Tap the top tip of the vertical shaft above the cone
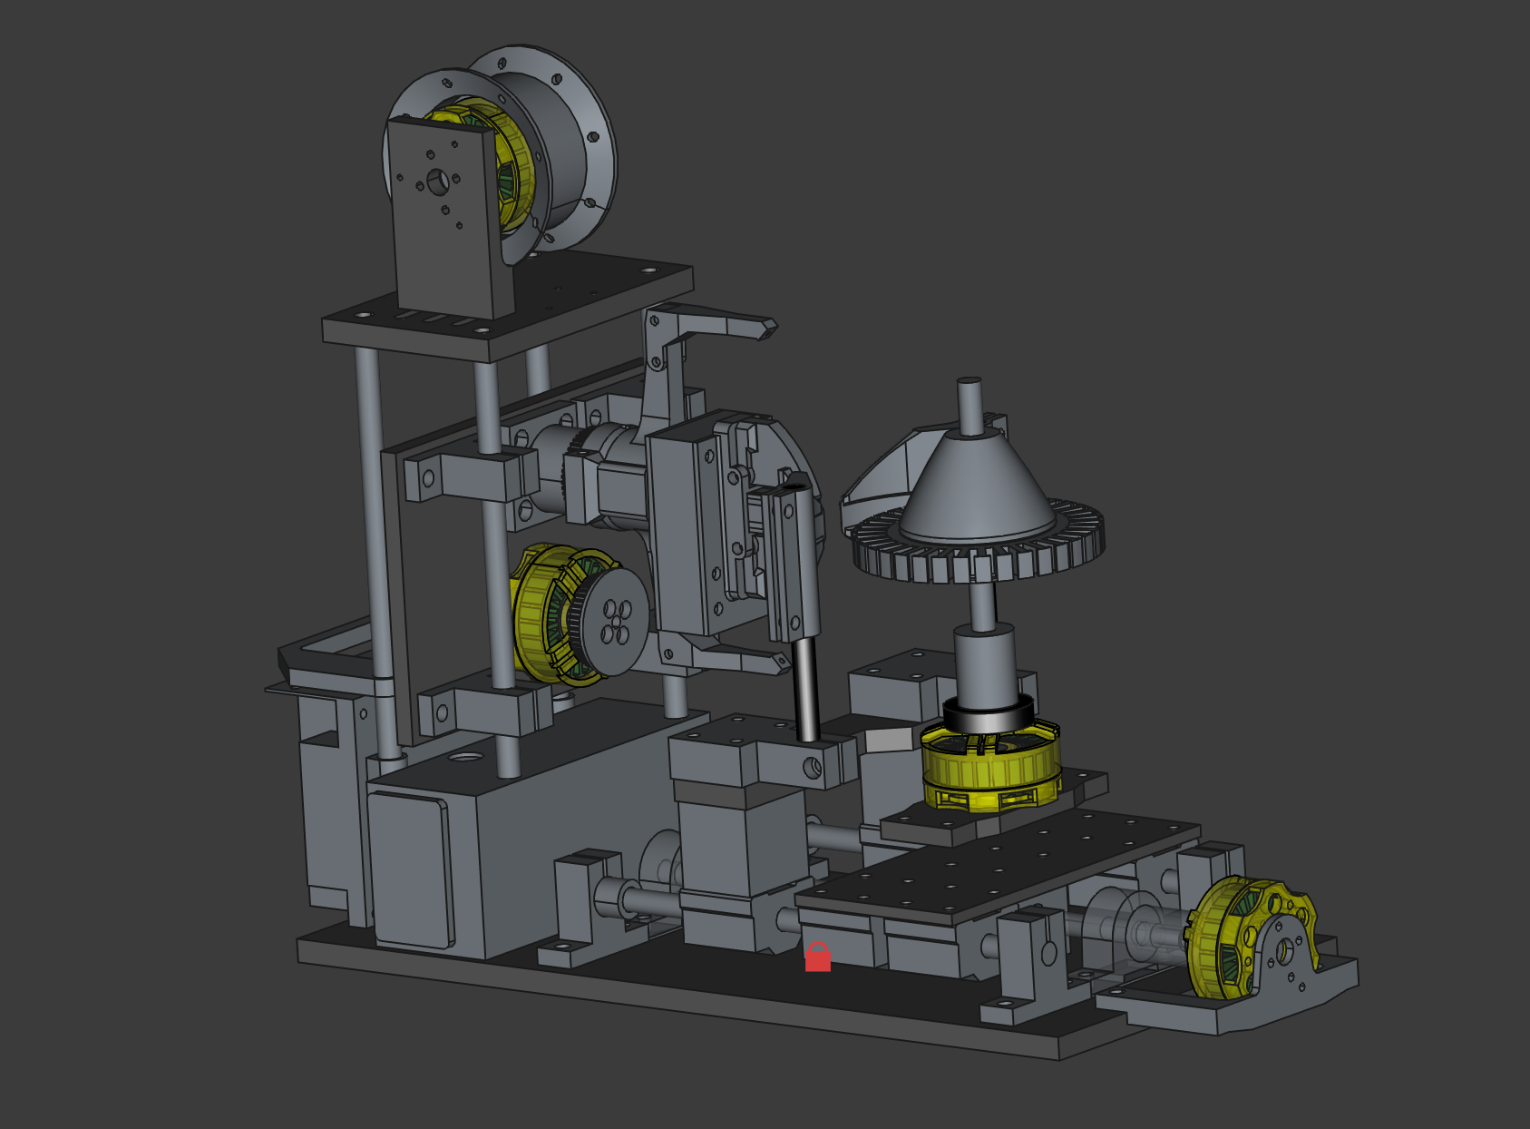pos(969,382)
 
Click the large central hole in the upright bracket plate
pos(438,182)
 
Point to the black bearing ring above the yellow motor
pos(989,712)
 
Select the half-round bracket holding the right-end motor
pos(1288,962)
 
